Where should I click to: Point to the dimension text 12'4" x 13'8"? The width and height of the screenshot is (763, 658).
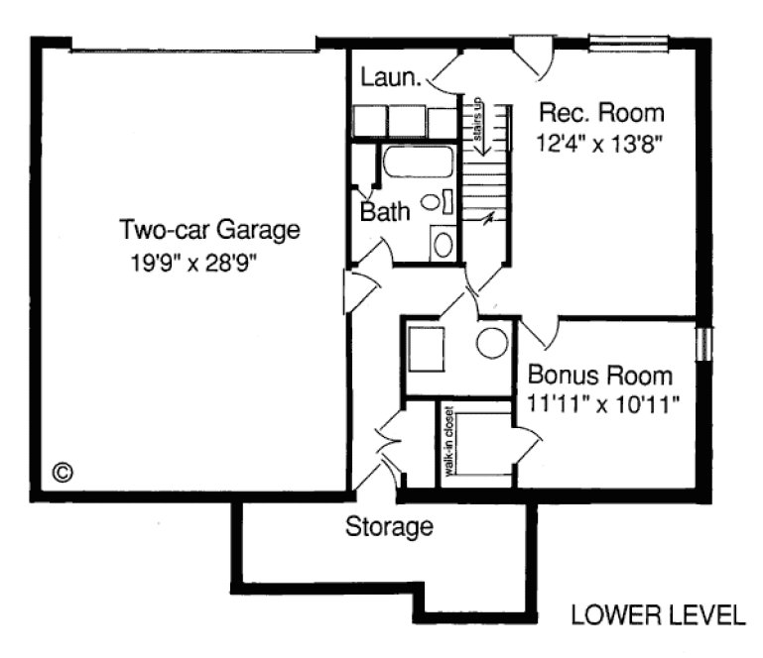click(x=599, y=143)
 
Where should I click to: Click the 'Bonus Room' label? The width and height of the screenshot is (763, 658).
click(x=598, y=377)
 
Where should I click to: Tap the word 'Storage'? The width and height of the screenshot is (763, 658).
click(x=389, y=526)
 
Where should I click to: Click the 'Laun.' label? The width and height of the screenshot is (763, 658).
click(x=393, y=76)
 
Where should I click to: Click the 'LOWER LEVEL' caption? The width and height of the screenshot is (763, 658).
click(x=657, y=615)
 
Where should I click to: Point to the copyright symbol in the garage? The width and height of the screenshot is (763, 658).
click(x=62, y=472)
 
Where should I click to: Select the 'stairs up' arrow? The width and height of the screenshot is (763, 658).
click(x=477, y=124)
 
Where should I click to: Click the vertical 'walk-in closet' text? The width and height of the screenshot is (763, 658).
click(x=448, y=442)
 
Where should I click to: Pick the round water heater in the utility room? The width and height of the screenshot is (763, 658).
click(x=491, y=343)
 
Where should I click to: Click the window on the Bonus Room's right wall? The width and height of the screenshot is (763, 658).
click(x=703, y=342)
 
